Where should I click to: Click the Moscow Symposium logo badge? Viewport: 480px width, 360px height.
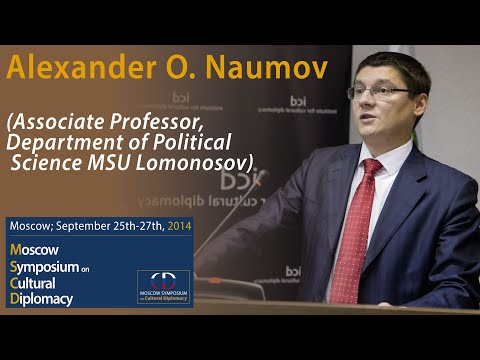(x=165, y=285)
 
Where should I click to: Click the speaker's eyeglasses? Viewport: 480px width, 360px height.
(x=378, y=92)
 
